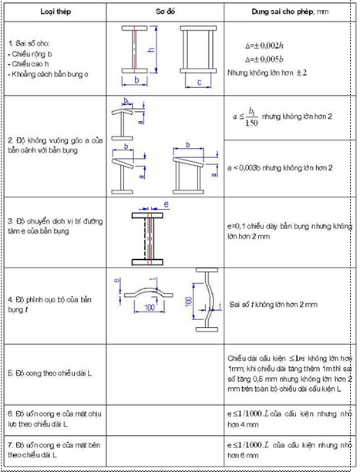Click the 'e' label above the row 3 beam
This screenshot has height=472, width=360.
166,204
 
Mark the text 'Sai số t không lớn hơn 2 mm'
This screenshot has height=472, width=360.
274,305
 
